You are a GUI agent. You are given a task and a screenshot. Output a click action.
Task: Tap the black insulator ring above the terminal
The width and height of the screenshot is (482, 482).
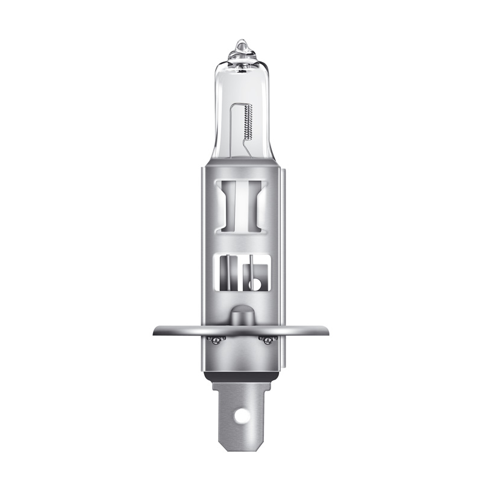(x=241, y=375)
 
